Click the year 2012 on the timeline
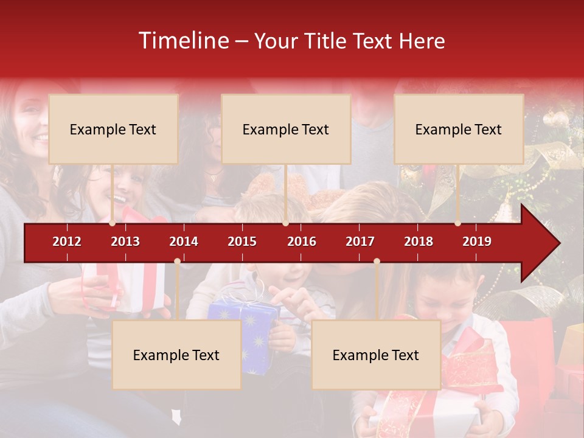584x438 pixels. tap(67, 242)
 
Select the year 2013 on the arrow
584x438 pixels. tap(125, 242)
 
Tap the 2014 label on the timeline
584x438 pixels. tap(184, 242)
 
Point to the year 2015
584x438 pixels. tap(242, 242)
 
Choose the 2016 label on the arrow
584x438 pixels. tap(302, 242)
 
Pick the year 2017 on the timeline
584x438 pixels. tap(360, 242)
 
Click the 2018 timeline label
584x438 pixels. tap(419, 242)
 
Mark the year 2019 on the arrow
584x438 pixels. tap(477, 242)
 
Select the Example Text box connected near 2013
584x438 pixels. tap(113, 129)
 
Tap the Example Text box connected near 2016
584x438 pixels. tap(286, 129)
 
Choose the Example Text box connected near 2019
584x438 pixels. tap(459, 129)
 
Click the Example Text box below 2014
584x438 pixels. tap(176, 355)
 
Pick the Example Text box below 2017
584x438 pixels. tap(376, 355)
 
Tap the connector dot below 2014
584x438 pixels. tap(177, 262)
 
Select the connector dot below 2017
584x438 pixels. tap(377, 262)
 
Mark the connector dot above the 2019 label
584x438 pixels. tap(458, 223)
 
